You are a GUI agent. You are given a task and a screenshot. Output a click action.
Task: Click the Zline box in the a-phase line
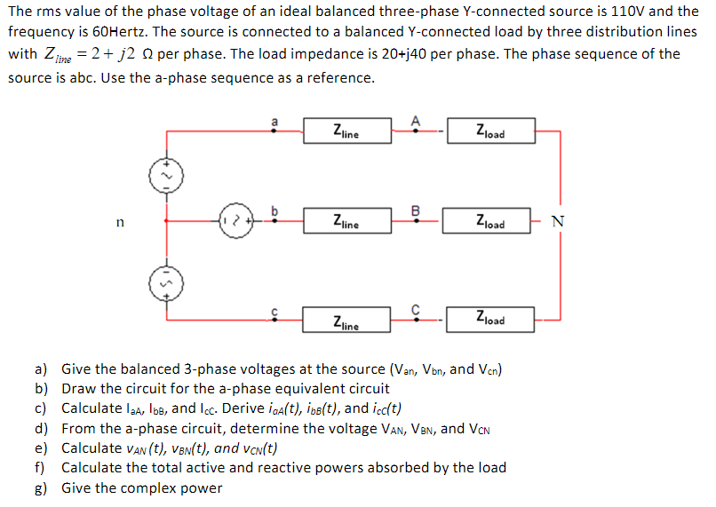click(346, 131)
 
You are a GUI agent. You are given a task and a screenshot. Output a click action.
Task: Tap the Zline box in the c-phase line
click(346, 320)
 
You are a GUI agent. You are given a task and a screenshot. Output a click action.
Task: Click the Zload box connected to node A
click(489, 131)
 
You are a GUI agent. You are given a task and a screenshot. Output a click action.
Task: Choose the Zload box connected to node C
click(489, 319)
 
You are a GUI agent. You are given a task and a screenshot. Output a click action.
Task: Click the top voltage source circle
click(163, 176)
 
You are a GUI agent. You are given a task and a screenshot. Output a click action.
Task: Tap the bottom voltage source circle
click(163, 283)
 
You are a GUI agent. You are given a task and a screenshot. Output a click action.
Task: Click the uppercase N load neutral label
click(556, 222)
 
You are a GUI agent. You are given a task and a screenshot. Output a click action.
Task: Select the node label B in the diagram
click(414, 210)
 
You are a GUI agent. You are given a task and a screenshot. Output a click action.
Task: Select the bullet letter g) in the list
click(41, 487)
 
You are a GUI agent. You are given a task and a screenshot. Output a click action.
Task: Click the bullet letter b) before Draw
click(41, 388)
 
